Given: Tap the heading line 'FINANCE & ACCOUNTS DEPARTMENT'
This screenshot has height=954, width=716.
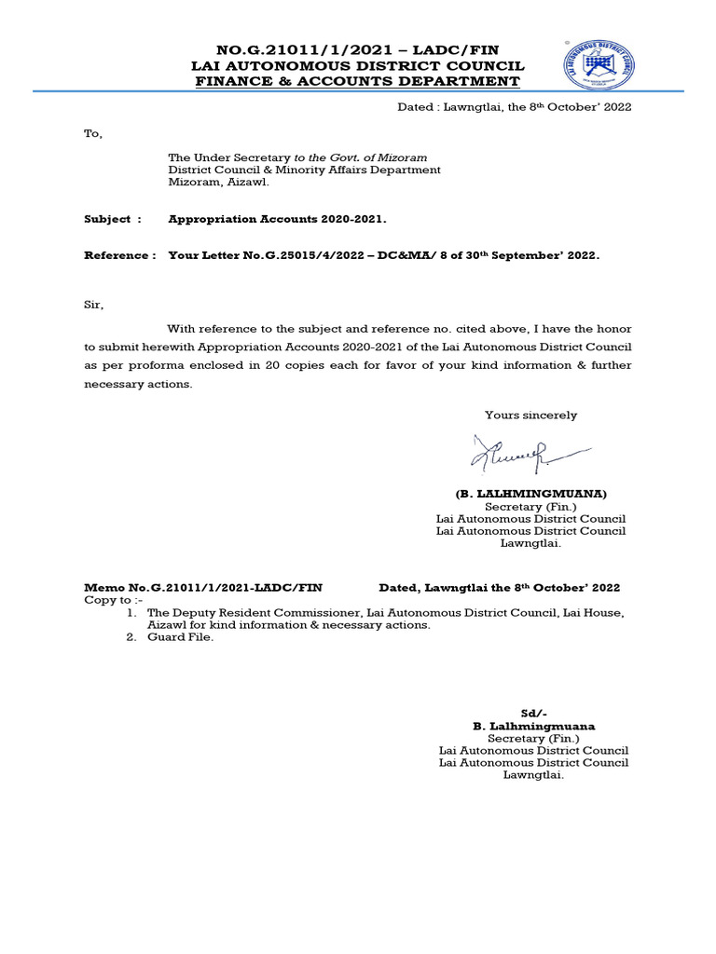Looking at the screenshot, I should [x=358, y=81].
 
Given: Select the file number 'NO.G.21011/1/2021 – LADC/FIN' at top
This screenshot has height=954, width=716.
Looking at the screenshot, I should [x=358, y=50].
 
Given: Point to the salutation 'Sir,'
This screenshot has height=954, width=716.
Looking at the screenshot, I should [x=94, y=305].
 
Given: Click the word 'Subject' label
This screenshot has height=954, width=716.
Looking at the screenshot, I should [x=107, y=219].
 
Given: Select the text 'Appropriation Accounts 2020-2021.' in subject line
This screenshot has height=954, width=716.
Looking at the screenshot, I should [x=277, y=219].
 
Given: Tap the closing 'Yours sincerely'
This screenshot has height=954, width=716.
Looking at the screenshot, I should [x=530, y=416].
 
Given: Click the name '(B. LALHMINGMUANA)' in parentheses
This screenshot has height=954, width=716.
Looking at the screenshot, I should [x=530, y=493].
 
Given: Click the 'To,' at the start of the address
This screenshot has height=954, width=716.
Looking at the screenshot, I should [x=93, y=133].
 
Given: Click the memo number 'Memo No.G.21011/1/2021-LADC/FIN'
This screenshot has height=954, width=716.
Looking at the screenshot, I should [x=203, y=588].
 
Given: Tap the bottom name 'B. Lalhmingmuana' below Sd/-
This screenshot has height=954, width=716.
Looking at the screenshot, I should [x=533, y=726].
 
